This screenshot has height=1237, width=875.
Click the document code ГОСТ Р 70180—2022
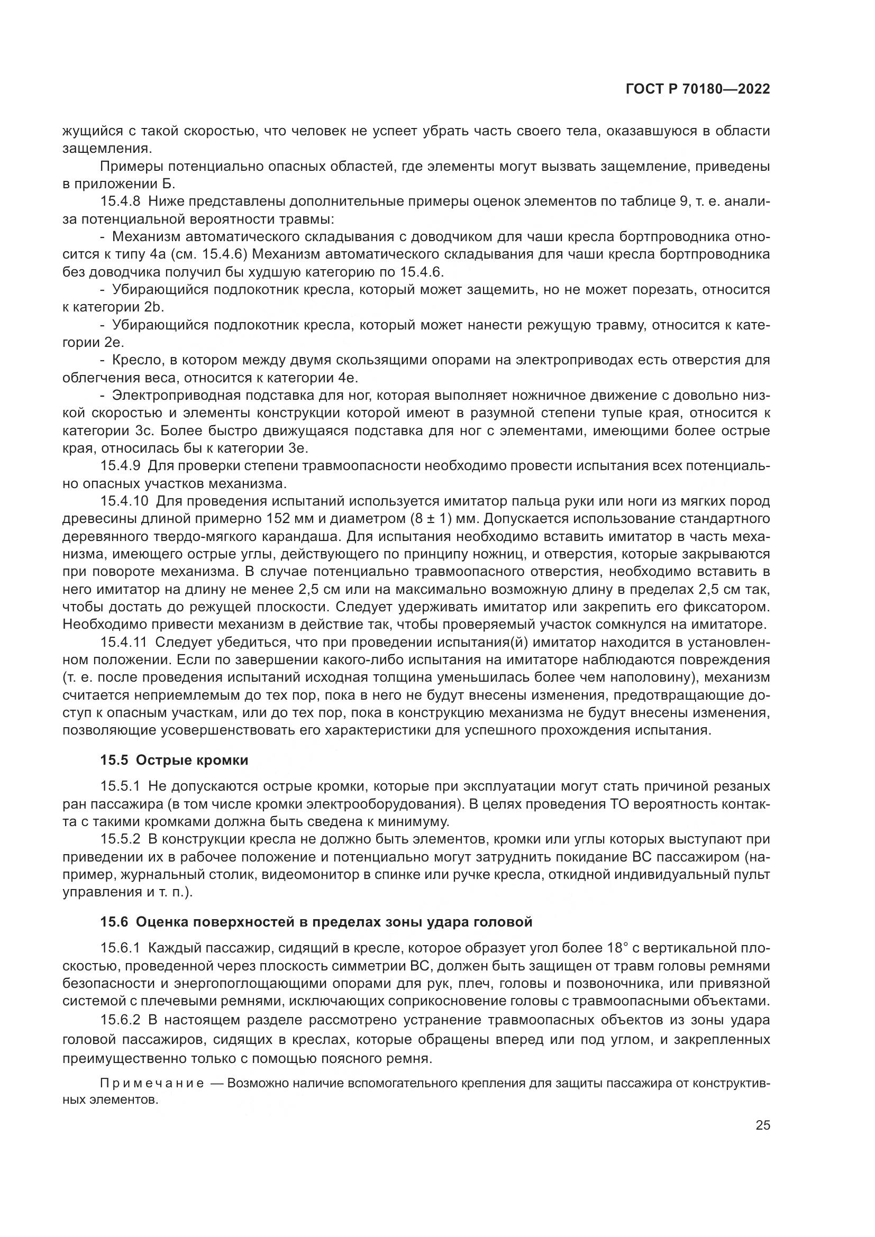697,89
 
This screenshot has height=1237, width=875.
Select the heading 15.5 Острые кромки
174,759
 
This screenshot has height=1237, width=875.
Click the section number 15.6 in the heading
114,922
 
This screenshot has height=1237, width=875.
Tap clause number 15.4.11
123,642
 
